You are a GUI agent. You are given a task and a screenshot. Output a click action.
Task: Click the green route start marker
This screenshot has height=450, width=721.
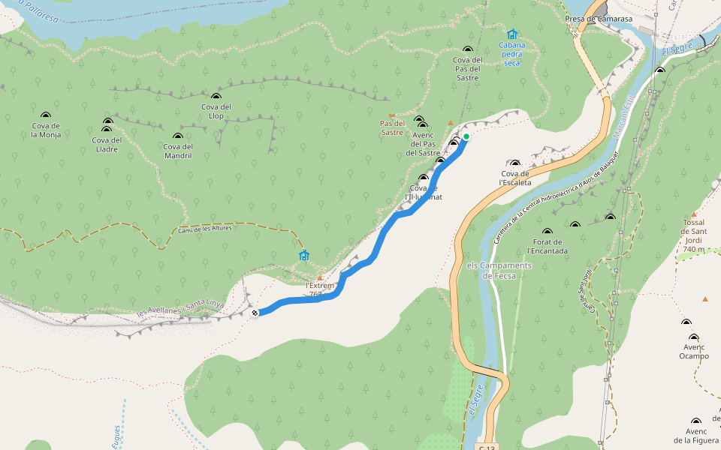tap(466, 136)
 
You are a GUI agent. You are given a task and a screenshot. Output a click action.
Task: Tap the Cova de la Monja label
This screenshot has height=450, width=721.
tap(46, 130)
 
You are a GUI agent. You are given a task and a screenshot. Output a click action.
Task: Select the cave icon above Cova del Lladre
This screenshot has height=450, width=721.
tap(107, 121)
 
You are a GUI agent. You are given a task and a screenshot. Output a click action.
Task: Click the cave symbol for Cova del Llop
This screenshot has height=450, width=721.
tap(216, 97)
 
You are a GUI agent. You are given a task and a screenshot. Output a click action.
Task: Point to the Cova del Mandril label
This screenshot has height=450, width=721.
tap(178, 151)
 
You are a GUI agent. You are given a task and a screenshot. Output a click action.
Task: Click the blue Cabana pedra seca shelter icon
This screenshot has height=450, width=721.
tap(512, 34)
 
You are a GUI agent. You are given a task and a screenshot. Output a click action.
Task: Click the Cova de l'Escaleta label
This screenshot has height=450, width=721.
tap(515, 178)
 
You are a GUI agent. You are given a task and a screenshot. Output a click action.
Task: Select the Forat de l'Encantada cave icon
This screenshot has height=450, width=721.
tap(548, 231)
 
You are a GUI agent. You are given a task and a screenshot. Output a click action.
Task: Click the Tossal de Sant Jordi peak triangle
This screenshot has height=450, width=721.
tap(694, 214)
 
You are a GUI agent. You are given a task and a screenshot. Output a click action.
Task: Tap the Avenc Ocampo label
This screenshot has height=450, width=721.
tap(694, 351)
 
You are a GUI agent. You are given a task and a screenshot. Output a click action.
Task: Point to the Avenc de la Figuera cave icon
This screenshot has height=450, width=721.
tap(696, 421)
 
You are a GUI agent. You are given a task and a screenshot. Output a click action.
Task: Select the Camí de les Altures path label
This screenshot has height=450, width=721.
tap(205, 229)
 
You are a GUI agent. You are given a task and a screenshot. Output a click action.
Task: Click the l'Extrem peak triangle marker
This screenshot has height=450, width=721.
tap(320, 277)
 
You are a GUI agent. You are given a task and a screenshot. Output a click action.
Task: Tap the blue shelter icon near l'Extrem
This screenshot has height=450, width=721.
tap(304, 256)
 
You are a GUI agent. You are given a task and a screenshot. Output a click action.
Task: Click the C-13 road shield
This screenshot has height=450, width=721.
tap(487, 446)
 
